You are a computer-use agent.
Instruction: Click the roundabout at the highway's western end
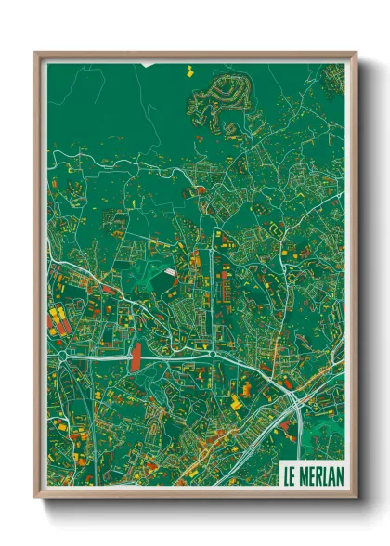pos(62,355)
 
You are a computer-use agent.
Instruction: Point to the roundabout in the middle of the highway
pos(214,354)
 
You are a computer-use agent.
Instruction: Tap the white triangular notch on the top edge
pos(146,64)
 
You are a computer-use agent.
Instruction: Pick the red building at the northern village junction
pos(201,190)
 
